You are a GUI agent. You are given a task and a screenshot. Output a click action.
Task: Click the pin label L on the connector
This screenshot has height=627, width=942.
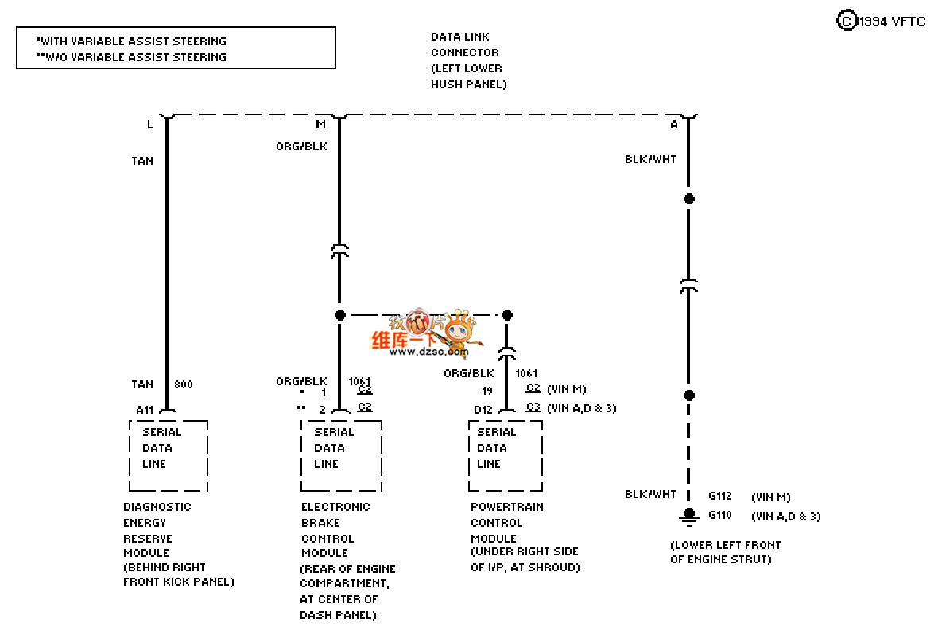click(149, 124)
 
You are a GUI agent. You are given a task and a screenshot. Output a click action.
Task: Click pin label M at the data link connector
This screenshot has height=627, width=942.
click(321, 124)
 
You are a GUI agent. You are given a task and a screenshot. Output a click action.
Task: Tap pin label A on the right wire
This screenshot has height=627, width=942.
click(674, 124)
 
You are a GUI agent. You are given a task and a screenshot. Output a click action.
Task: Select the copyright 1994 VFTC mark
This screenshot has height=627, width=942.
click(882, 21)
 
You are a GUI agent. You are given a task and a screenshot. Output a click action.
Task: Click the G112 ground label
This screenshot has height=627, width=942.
click(720, 497)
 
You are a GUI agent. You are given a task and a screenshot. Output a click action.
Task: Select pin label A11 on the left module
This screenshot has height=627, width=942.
click(145, 409)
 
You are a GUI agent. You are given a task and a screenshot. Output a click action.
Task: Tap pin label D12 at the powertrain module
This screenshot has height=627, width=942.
click(483, 409)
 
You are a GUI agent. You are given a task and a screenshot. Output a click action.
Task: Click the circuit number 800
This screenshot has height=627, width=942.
click(183, 384)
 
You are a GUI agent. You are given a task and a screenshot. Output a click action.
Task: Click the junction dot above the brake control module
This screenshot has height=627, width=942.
click(340, 315)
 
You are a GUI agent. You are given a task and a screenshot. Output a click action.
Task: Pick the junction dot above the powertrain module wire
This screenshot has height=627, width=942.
click(507, 315)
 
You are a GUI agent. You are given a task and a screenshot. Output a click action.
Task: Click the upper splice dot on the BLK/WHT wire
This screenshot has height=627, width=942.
click(689, 198)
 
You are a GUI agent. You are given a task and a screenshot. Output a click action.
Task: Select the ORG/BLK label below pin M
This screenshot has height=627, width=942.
click(301, 146)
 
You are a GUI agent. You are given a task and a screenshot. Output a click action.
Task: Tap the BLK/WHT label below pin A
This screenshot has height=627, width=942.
click(650, 159)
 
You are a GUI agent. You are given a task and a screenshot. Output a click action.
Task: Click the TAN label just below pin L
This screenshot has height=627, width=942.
click(142, 161)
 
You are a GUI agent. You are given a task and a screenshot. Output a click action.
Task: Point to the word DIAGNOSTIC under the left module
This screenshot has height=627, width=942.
click(157, 507)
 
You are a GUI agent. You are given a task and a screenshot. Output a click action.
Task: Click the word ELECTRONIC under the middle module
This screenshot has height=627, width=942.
click(335, 507)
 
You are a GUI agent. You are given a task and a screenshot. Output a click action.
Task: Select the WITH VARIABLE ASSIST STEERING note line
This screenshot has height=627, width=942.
click(131, 41)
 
